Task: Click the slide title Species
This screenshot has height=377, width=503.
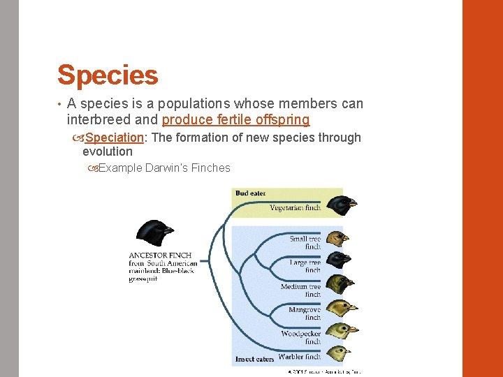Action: tap(108, 75)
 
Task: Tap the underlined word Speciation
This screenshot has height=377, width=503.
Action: tap(115, 138)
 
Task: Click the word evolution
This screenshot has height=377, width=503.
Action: tap(108, 151)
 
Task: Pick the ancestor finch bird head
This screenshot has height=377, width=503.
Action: tap(155, 232)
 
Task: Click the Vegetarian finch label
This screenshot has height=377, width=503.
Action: tap(295, 207)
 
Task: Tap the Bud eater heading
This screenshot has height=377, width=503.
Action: tap(250, 193)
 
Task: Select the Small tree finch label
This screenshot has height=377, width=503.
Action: tap(305, 242)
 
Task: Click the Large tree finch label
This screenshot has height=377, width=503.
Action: tap(305, 266)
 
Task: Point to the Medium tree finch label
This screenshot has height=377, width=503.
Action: tap(301, 290)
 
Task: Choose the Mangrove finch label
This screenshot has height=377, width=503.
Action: tap(305, 313)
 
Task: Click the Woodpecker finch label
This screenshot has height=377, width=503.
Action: tap(301, 337)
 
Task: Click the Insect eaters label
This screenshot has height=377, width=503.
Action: tap(254, 359)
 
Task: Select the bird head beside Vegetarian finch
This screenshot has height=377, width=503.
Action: tap(343, 205)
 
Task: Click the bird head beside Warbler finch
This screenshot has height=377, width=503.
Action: tap(340, 353)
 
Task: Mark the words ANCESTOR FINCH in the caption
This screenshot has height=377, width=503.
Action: tap(160, 256)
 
